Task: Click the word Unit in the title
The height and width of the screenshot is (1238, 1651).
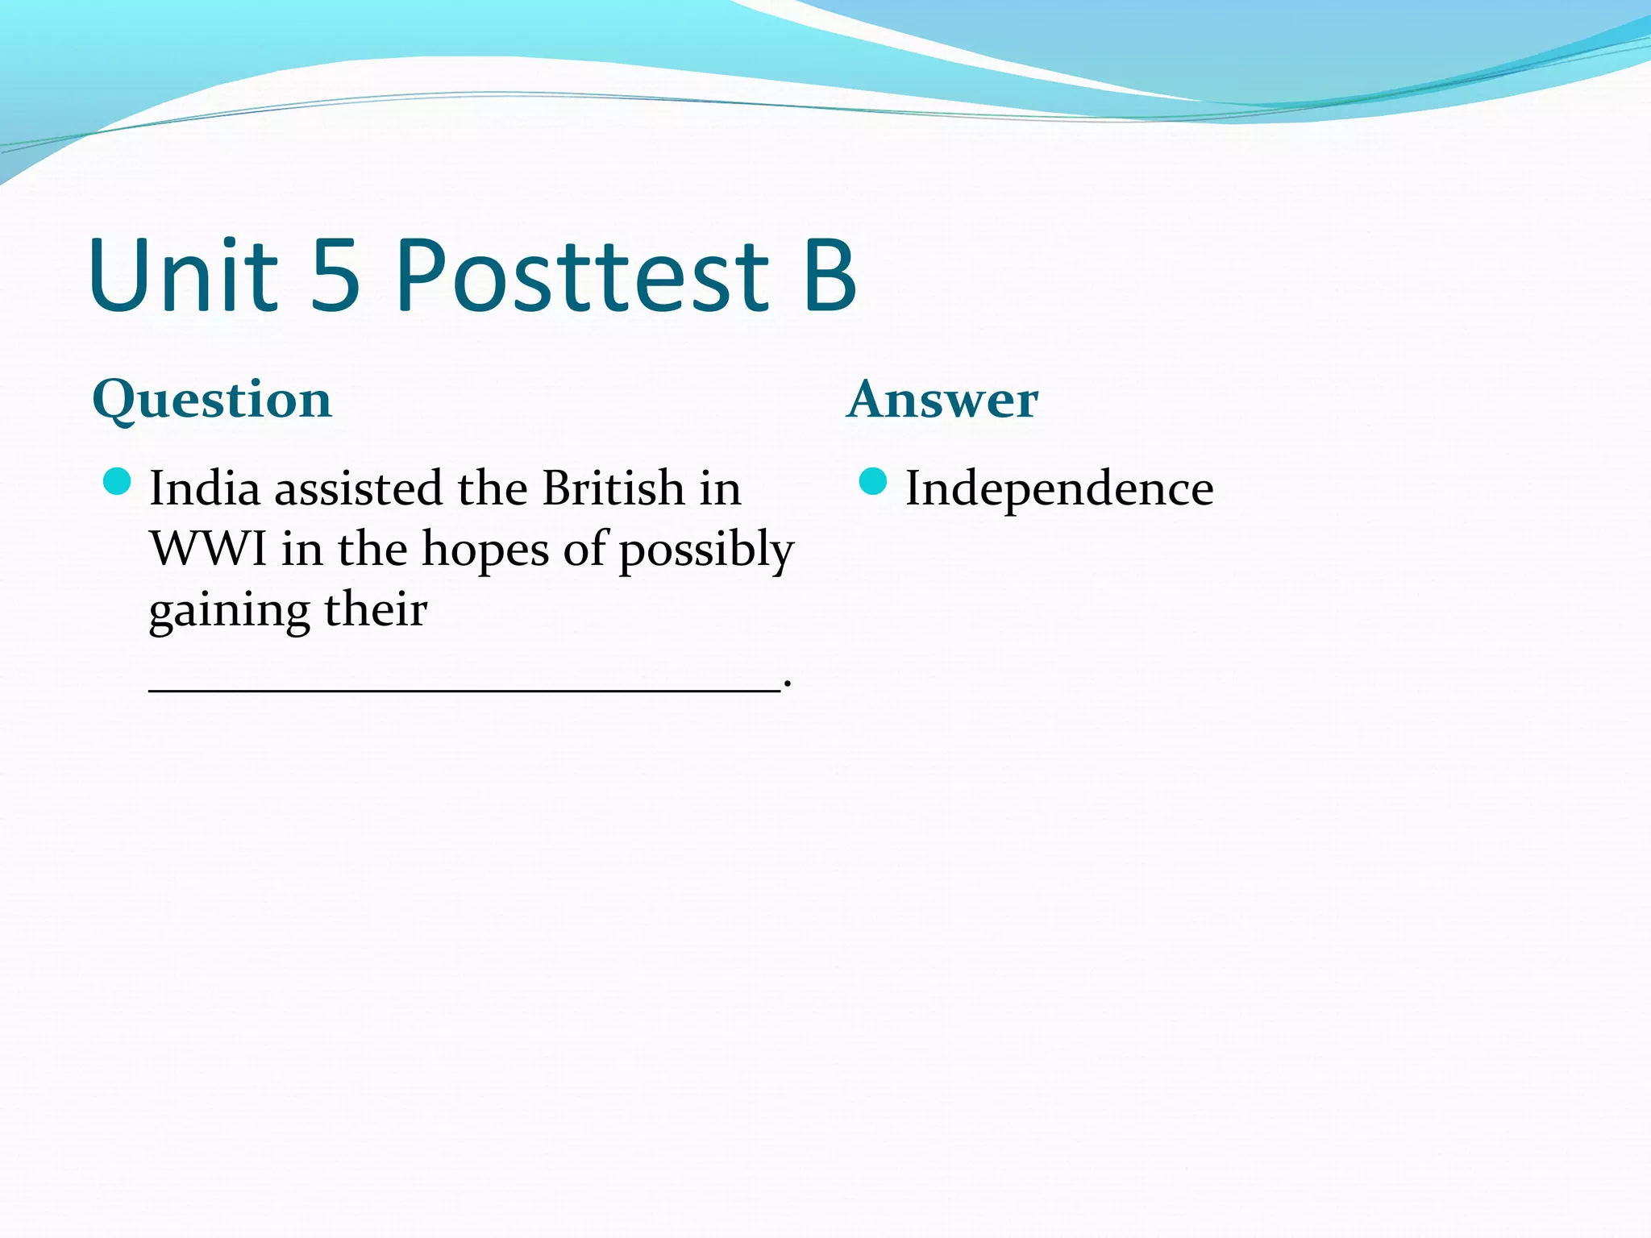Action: coord(184,276)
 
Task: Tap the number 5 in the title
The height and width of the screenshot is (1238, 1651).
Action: coord(335,276)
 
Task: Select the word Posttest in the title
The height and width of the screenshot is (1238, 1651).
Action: coord(582,276)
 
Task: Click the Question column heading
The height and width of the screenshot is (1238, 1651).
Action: coord(212,400)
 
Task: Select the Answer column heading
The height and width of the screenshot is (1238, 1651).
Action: coord(942,400)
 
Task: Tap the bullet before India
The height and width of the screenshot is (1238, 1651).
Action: coord(118,483)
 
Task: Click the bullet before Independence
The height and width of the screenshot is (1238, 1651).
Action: coord(873,483)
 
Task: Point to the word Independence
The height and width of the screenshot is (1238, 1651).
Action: coord(1058,488)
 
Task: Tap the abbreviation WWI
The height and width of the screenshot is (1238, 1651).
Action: coord(209,550)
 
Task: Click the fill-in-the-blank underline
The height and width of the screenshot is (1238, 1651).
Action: coord(464,689)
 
